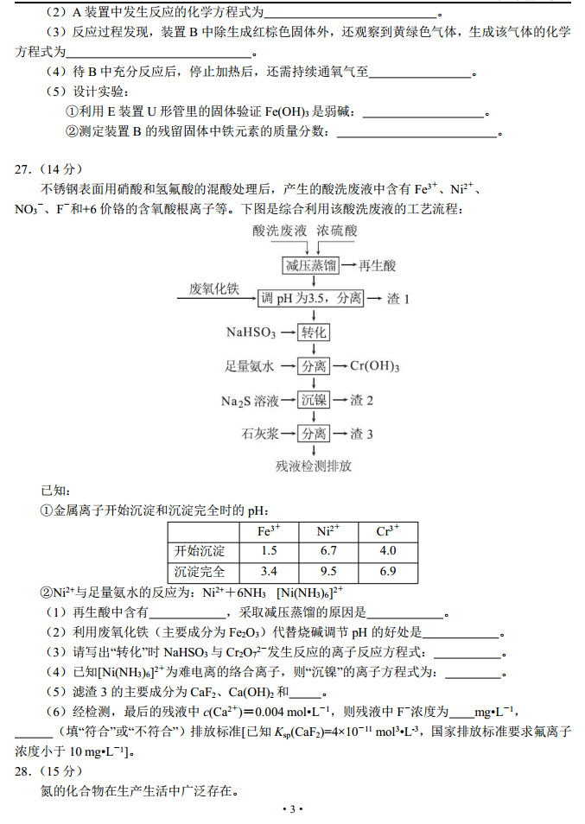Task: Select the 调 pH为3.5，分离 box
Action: point(311,298)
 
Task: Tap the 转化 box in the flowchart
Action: point(313,333)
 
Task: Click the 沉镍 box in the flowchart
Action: point(313,400)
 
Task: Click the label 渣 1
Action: point(397,298)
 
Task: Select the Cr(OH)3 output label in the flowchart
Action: point(375,366)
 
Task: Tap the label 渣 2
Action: point(361,400)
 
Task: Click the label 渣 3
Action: point(361,434)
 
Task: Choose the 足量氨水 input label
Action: point(250,366)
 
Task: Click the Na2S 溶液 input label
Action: point(250,401)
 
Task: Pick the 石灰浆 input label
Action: point(259,434)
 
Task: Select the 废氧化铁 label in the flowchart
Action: point(213,288)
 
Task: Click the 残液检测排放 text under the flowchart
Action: point(314,466)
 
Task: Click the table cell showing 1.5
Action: point(268,550)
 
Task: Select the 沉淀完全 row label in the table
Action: point(200,571)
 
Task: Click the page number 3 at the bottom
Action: point(292,808)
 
